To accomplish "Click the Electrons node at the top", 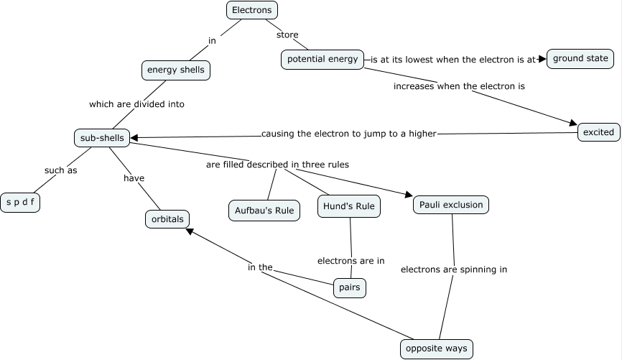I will coord(251,10).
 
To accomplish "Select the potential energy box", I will coord(322,60).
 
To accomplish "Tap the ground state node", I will coord(580,59).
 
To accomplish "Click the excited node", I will coord(598,132).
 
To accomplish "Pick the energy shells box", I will coord(176,70).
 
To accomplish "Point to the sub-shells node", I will coord(102,138).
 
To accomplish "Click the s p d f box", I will coord(20,203).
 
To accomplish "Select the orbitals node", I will coord(167,218).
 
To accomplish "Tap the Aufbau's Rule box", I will coord(264,211).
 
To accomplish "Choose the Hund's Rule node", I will coord(349,207).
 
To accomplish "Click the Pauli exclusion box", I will coord(452,205).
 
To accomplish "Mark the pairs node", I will coord(351,288).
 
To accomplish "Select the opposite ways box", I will coord(437,349).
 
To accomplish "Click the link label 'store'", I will coord(287,34).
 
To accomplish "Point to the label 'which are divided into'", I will coord(136,104).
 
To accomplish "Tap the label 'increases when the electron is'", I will coord(459,86).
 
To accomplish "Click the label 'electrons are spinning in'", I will coord(454,270).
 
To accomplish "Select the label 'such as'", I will coord(60,171).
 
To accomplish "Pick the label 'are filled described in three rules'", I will coord(277,165).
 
